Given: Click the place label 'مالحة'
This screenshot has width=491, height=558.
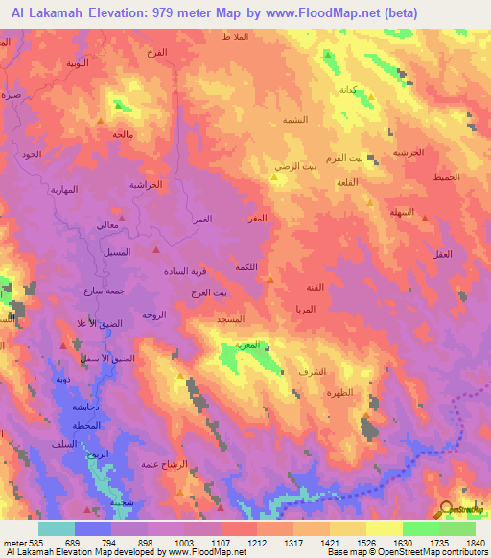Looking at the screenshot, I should (x=122, y=134).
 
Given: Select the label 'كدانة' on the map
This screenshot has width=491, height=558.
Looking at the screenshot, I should (x=349, y=89).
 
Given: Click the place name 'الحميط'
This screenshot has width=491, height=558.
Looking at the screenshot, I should (x=446, y=177).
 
